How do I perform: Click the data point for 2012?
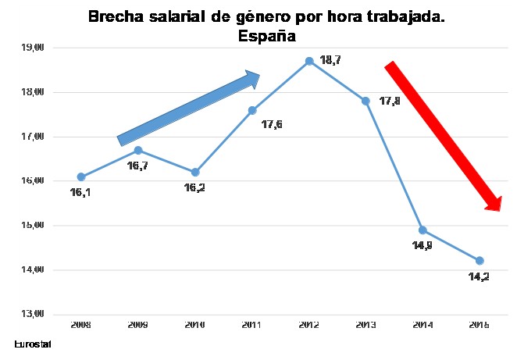click(x=309, y=61)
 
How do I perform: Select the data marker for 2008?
click(x=81, y=176)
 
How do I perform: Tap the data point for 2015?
click(x=480, y=260)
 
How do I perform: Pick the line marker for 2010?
click(x=195, y=172)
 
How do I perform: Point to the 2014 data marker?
click(x=423, y=230)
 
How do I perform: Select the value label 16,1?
click(x=80, y=192)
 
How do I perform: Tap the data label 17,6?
click(x=271, y=123)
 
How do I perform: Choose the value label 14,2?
click(x=480, y=276)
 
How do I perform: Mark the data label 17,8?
click(x=389, y=102)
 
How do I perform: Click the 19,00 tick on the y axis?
click(x=34, y=48)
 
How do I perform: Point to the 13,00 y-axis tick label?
click(x=34, y=314)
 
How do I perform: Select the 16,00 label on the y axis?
click(x=34, y=181)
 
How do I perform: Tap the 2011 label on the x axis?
click(x=252, y=323)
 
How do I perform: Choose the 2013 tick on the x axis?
click(x=366, y=323)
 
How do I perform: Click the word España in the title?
click(x=266, y=35)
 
